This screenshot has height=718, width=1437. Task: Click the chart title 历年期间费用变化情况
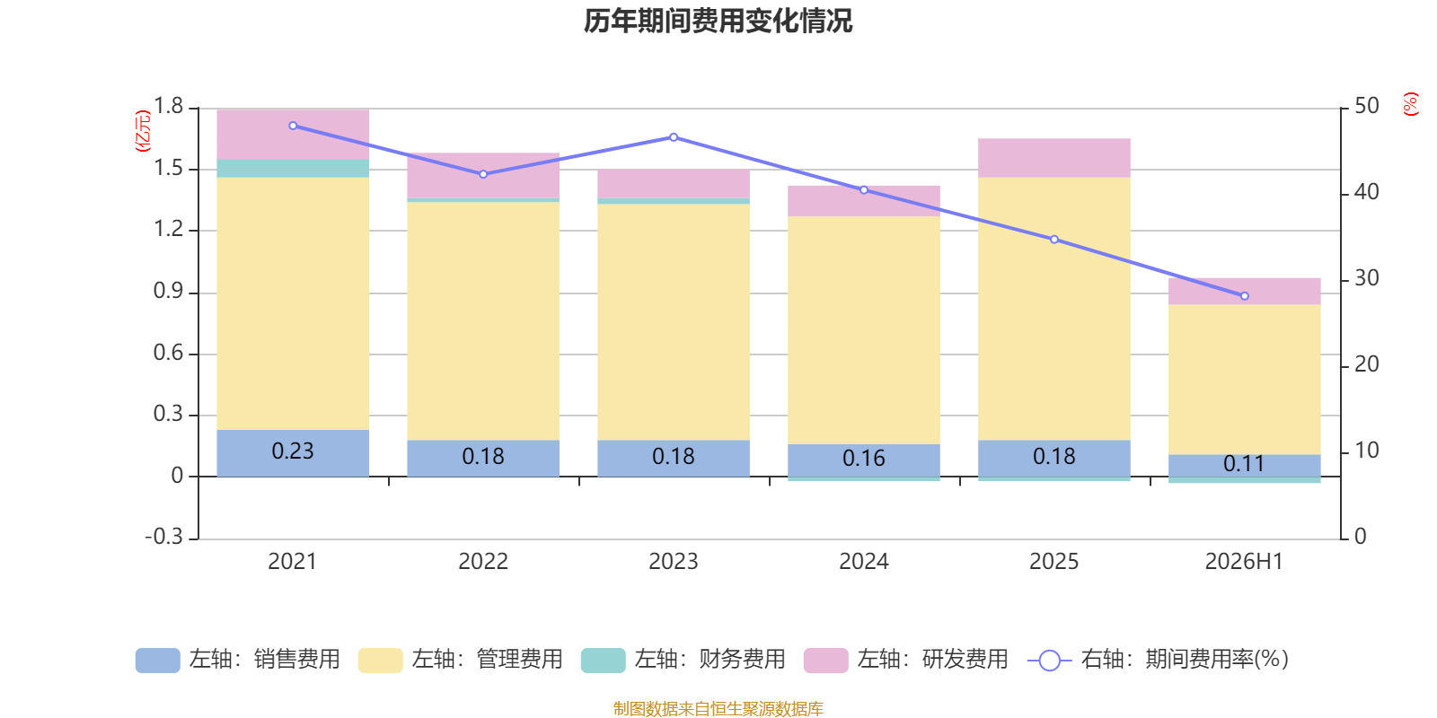pyautogui.click(x=718, y=22)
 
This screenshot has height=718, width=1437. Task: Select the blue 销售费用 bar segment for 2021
pyautogui.click(x=293, y=453)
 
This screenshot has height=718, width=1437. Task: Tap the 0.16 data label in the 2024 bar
pyautogui.click(x=863, y=459)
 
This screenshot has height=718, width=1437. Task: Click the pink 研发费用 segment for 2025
pyautogui.click(x=1054, y=158)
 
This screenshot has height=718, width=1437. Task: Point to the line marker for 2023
pyautogui.click(x=674, y=137)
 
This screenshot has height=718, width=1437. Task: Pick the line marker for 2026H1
pyautogui.click(x=1245, y=296)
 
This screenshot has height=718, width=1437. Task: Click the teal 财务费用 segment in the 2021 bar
pyautogui.click(x=293, y=168)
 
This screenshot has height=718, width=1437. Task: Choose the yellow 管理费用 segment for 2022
pyautogui.click(x=483, y=321)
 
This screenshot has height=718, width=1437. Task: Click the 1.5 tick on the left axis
pyautogui.click(x=168, y=168)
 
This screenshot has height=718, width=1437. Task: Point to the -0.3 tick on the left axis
pyautogui.click(x=164, y=537)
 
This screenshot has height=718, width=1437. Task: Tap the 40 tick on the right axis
pyautogui.click(x=1366, y=192)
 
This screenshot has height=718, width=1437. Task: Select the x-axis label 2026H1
pyautogui.click(x=1244, y=562)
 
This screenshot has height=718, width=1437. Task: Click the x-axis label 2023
pyautogui.click(x=673, y=562)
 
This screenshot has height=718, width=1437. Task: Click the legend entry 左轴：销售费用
pyautogui.click(x=238, y=660)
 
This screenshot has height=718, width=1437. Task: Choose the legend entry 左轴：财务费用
pyautogui.click(x=683, y=660)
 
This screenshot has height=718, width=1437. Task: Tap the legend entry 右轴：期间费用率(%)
pyautogui.click(x=1158, y=660)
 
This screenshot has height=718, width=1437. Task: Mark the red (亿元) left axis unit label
pyautogui.click(x=143, y=131)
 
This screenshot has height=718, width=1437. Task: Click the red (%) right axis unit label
pyautogui.click(x=1410, y=104)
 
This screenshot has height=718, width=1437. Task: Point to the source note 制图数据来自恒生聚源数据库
pyautogui.click(x=718, y=708)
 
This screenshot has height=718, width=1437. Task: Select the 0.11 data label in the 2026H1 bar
pyautogui.click(x=1244, y=463)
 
